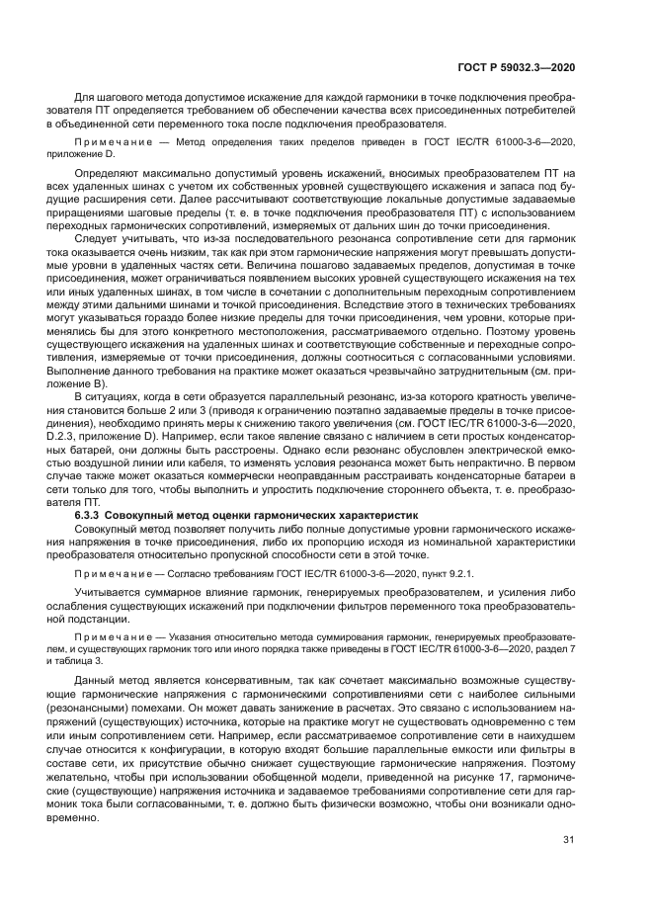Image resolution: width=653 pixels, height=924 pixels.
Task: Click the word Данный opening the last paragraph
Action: pyautogui.click(x=96, y=683)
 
